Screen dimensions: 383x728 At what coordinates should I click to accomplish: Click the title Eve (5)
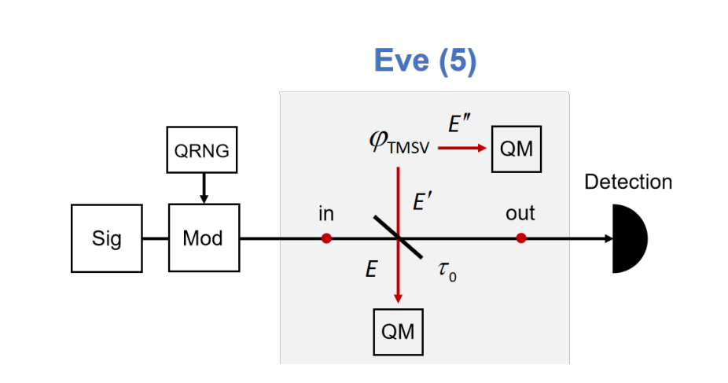point(425,61)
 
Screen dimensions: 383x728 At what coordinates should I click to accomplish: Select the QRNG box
point(202,150)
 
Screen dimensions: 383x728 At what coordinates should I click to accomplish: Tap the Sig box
point(107,238)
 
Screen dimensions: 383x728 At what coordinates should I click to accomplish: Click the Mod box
point(202,238)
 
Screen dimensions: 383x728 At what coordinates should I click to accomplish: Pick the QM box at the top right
point(517,147)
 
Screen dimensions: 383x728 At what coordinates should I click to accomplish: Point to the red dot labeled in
point(326,238)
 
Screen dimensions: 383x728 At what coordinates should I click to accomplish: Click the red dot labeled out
point(520,238)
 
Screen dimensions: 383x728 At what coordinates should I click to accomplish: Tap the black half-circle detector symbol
point(627,238)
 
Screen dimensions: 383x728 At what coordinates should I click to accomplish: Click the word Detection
point(627,182)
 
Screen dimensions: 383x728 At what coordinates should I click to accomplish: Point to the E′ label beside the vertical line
point(424,202)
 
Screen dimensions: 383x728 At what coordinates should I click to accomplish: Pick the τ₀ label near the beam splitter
point(446,272)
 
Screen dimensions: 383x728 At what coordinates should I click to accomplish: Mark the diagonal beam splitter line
point(399,238)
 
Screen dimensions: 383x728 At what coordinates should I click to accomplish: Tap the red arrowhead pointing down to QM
point(399,297)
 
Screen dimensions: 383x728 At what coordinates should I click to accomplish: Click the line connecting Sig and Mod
point(156,238)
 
